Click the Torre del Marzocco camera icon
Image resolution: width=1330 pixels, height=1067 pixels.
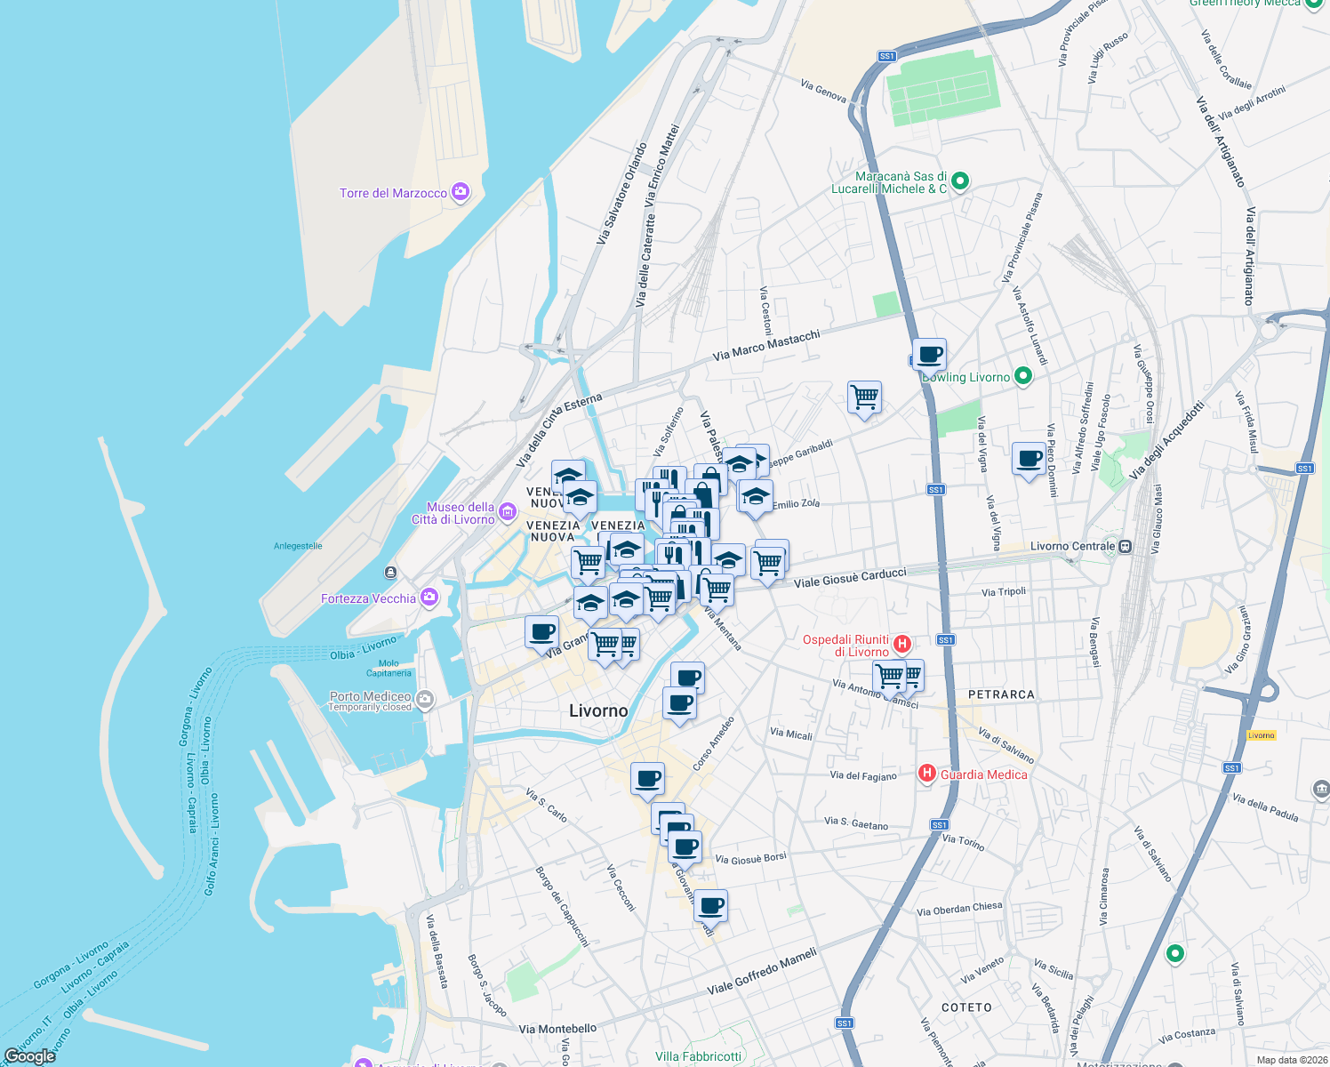461,192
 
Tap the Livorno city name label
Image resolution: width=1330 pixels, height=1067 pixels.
598,710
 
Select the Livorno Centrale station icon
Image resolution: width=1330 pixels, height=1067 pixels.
1126,546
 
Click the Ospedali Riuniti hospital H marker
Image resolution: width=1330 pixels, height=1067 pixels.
902,643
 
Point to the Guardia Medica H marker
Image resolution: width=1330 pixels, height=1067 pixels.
926,774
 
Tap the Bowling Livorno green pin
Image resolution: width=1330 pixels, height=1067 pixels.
1023,376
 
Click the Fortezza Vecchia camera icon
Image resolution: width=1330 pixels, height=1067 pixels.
429,598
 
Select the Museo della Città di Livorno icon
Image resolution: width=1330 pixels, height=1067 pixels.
508,511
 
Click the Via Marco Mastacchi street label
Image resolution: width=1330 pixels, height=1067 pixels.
765,345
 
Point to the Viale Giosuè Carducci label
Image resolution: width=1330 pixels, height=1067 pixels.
850,577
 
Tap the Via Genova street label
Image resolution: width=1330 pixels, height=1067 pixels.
823,91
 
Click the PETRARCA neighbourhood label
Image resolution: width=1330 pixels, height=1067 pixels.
1001,694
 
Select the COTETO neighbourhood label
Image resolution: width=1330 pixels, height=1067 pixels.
966,1007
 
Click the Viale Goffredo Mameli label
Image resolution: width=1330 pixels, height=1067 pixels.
762,971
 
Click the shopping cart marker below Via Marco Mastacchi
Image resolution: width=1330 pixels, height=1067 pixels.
864,397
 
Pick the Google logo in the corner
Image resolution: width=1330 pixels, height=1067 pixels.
29,1055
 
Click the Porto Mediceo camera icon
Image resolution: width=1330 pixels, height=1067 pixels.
425,700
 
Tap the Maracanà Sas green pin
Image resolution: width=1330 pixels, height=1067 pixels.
960,181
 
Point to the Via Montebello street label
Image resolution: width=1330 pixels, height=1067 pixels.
557,1029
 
